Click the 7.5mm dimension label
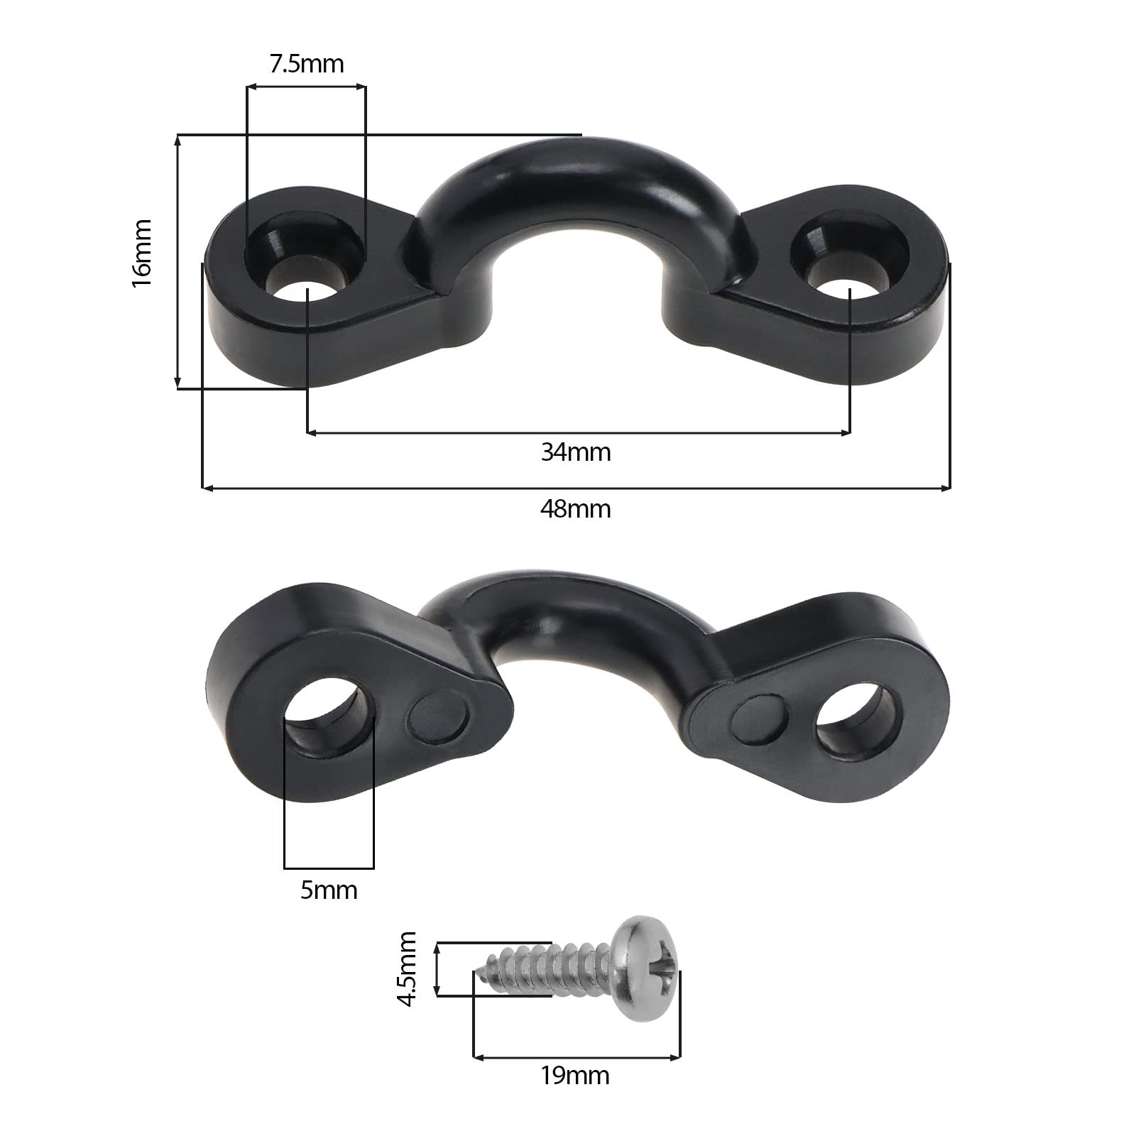[x=307, y=64]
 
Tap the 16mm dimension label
[x=141, y=253]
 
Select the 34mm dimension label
[x=576, y=452]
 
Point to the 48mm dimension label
[x=576, y=509]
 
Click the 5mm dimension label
[x=329, y=890]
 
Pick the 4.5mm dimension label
[x=408, y=969]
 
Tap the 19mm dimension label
[x=575, y=1076]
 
